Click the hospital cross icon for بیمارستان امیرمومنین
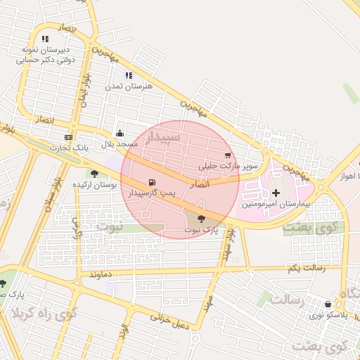276,192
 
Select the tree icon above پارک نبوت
202,219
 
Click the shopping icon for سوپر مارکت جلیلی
227,155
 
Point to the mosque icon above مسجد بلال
120,133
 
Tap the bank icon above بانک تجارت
68,137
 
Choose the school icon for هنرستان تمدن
129,75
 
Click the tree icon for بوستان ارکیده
94,173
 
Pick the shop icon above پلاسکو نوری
328,304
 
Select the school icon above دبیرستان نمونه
46,39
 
